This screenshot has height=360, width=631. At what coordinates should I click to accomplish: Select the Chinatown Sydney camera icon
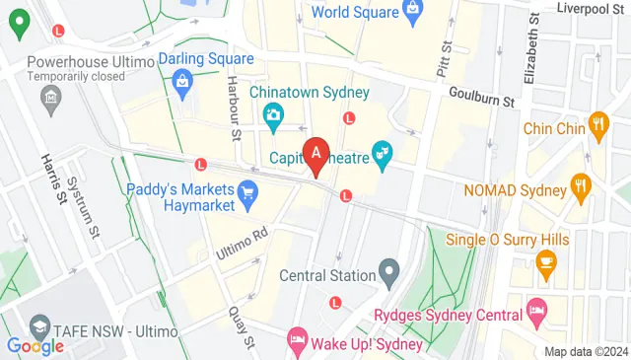pyautogui.click(x=273, y=115)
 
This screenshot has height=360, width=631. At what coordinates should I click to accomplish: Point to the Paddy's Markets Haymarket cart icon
pyautogui.click(x=247, y=193)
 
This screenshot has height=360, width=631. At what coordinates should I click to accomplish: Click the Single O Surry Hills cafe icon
pyautogui.click(x=543, y=261)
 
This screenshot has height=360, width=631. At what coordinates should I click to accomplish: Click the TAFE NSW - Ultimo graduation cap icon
pyautogui.click(x=40, y=326)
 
